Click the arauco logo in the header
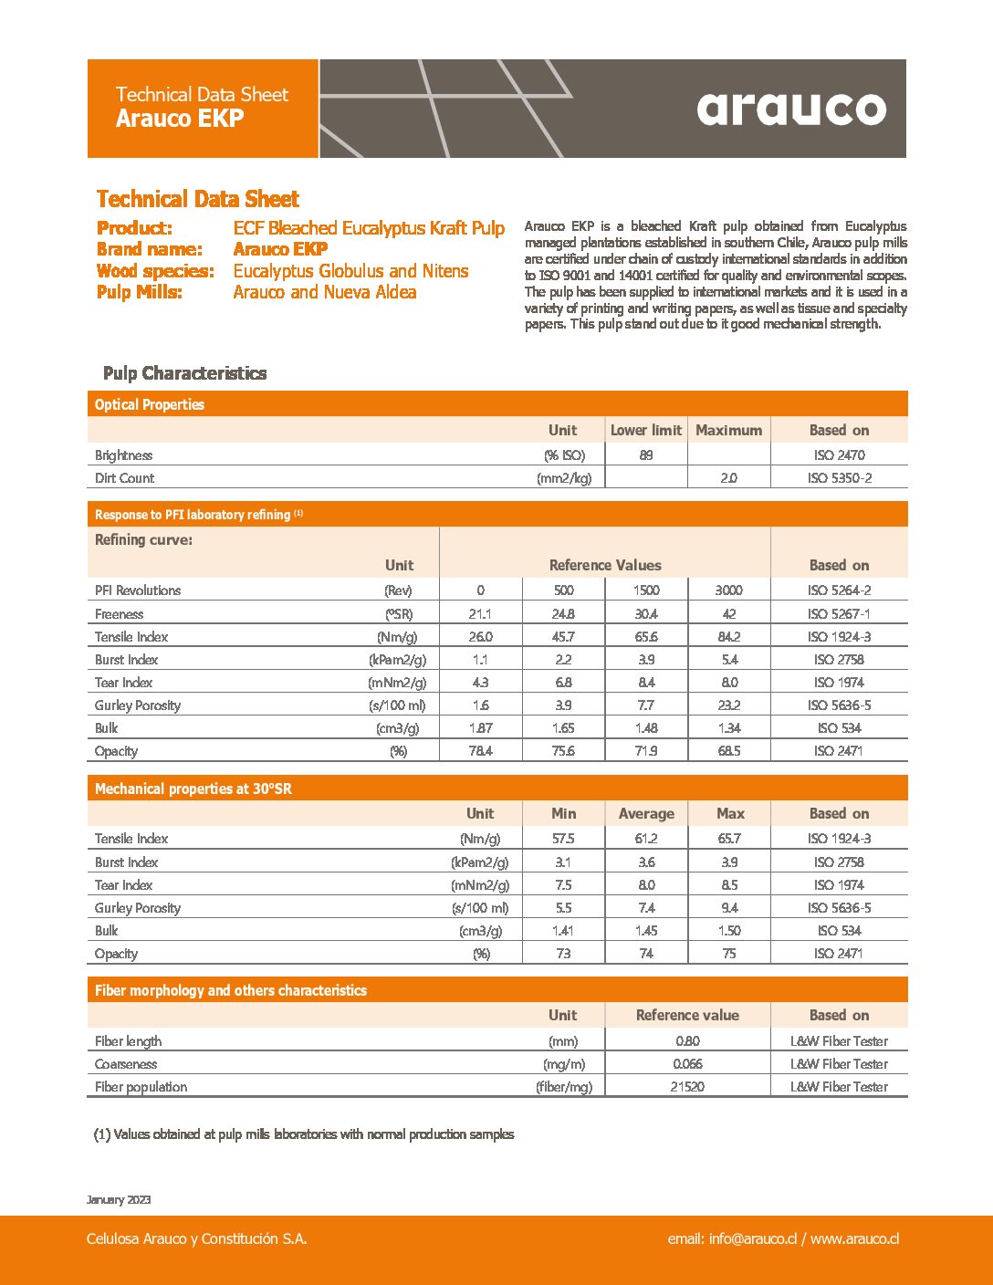point(791,109)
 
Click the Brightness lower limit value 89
point(646,454)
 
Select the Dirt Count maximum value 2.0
point(728,477)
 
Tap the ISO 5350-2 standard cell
point(839,477)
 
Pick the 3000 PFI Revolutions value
point(728,590)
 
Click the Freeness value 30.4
point(646,614)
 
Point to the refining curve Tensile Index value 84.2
point(728,637)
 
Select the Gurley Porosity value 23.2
point(728,705)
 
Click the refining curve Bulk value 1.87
point(480,728)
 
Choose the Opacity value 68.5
point(728,751)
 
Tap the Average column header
point(646,813)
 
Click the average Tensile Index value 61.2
point(646,839)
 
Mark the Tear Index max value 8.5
point(729,885)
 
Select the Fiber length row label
point(129,1041)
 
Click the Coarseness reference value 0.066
point(687,1064)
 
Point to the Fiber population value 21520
point(687,1087)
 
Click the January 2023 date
point(119,1199)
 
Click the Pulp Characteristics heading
point(184,373)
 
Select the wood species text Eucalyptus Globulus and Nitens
point(350,271)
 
